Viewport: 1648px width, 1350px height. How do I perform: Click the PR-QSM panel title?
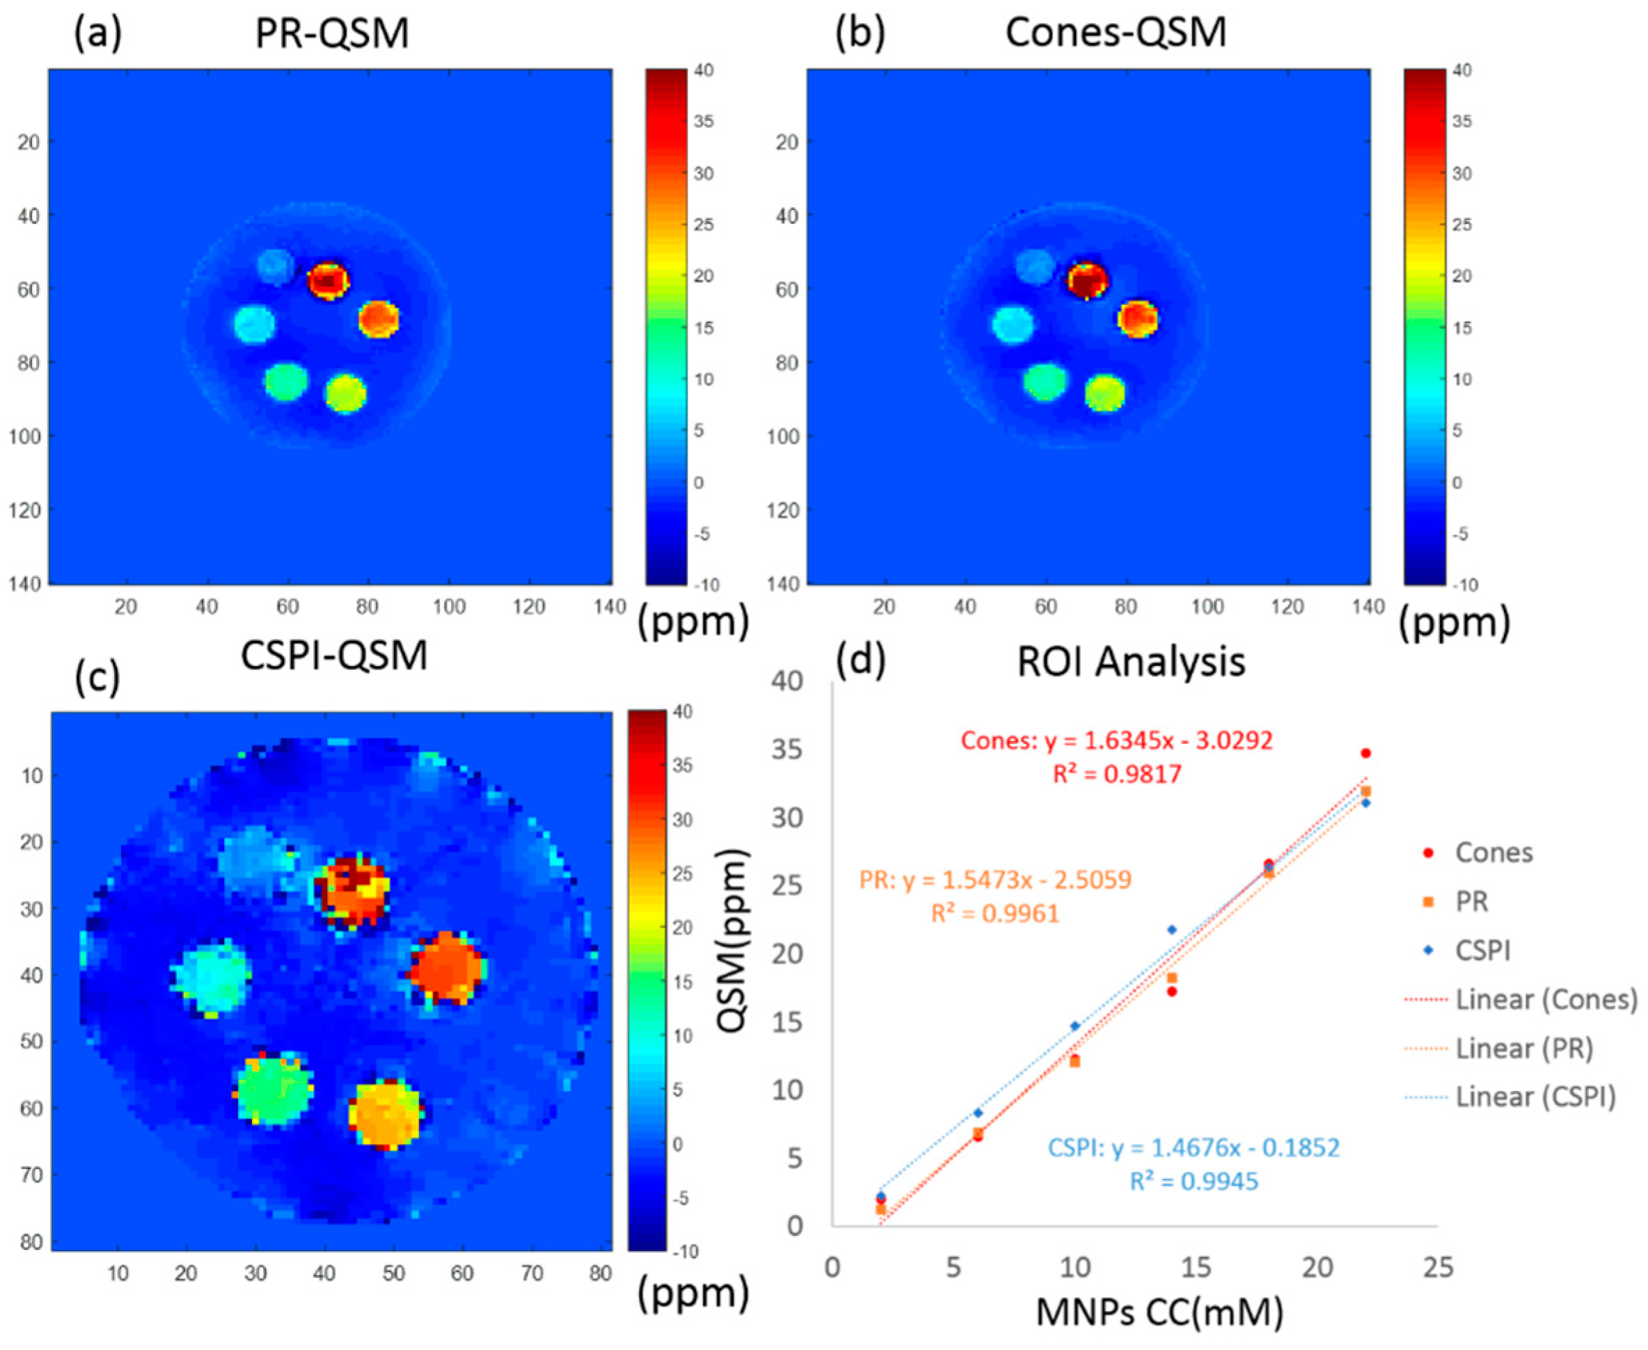pyautogui.click(x=332, y=33)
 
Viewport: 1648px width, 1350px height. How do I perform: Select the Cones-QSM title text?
pyautogui.click(x=1116, y=33)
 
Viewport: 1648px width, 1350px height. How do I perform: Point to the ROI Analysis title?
pyautogui.click(x=1132, y=662)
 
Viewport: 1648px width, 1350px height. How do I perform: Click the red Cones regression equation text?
pyautogui.click(x=1117, y=740)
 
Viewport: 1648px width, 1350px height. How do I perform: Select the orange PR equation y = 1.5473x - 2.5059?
pyautogui.click(x=995, y=880)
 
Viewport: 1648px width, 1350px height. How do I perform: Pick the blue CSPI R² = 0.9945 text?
pyautogui.click(x=1194, y=1182)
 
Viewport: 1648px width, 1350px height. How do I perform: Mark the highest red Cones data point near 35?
pyautogui.click(x=1365, y=753)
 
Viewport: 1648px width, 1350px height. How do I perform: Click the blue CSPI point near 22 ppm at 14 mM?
pyautogui.click(x=1172, y=930)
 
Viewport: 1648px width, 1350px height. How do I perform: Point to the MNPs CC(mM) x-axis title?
pyautogui.click(x=1159, y=1313)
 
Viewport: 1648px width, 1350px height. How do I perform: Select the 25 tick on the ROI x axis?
pyautogui.click(x=1438, y=1269)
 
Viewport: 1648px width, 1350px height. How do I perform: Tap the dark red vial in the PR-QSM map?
pyautogui.click(x=328, y=280)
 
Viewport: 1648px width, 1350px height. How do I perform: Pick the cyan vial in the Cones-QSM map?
pyautogui.click(x=1013, y=324)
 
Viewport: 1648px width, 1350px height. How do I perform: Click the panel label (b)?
pyautogui.click(x=860, y=35)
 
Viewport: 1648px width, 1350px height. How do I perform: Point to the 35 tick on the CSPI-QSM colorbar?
pyautogui.click(x=682, y=765)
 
